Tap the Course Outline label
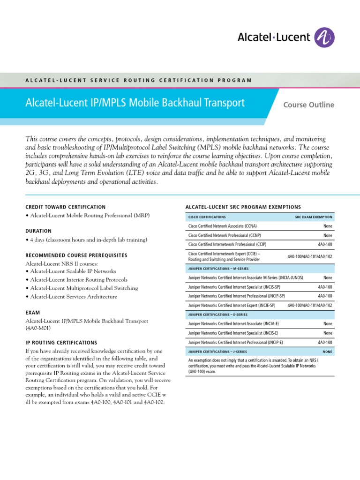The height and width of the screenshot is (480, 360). pos(308,105)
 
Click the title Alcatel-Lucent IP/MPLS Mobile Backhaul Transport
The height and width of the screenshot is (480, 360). pos(135,103)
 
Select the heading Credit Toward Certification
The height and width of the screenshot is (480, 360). pos(65,207)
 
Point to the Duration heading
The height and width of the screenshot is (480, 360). pos(38,231)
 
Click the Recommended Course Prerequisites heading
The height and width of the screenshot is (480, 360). pos(76,255)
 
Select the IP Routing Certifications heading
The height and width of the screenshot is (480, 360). pos(61,343)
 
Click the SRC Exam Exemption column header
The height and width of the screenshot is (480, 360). pos(314,217)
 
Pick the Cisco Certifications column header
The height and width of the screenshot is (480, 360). pos(207,217)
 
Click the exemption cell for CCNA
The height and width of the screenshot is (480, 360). pos(328,226)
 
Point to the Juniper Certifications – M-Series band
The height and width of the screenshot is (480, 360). pos(217,269)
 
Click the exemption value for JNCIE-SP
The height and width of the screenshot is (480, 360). pos(310,305)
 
